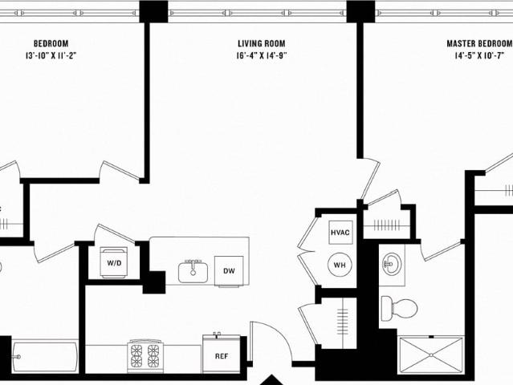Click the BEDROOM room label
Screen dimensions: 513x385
click(51, 43)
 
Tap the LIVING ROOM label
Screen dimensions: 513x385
click(262, 43)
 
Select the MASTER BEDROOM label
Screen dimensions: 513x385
click(479, 43)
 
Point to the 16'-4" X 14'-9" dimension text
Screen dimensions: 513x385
click(262, 55)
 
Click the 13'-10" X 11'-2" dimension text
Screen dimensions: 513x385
click(51, 55)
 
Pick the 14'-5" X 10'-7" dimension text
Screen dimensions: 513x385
click(479, 55)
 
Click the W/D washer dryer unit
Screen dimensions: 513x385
click(114, 262)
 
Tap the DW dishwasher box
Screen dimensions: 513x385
click(229, 271)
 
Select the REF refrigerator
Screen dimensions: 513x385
click(222, 354)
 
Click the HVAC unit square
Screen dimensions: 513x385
click(340, 233)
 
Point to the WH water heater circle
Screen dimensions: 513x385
click(340, 265)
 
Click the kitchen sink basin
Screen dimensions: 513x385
click(193, 272)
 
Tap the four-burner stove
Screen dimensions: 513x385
click(145, 356)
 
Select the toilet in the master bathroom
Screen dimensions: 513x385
click(399, 308)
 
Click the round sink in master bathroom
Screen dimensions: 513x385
click(392, 263)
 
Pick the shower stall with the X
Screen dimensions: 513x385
click(431, 355)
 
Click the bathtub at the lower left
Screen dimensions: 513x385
click(45, 357)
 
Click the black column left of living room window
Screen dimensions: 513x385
click(154, 11)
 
